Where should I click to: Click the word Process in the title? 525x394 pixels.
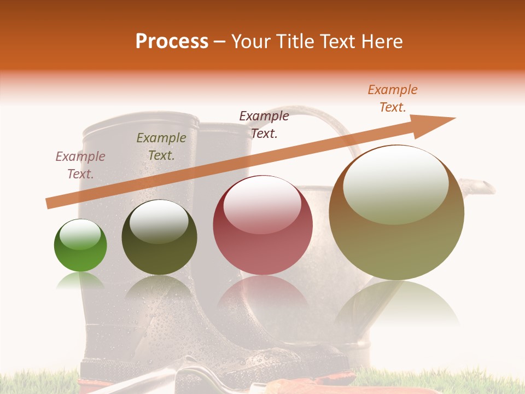click(172, 42)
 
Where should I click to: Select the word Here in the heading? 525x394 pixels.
click(382, 42)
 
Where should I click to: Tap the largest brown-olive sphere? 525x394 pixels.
click(396, 219)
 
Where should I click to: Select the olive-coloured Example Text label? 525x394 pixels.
click(161, 147)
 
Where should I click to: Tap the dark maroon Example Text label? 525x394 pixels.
click(264, 124)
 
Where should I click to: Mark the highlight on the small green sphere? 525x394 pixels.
click(80, 234)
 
